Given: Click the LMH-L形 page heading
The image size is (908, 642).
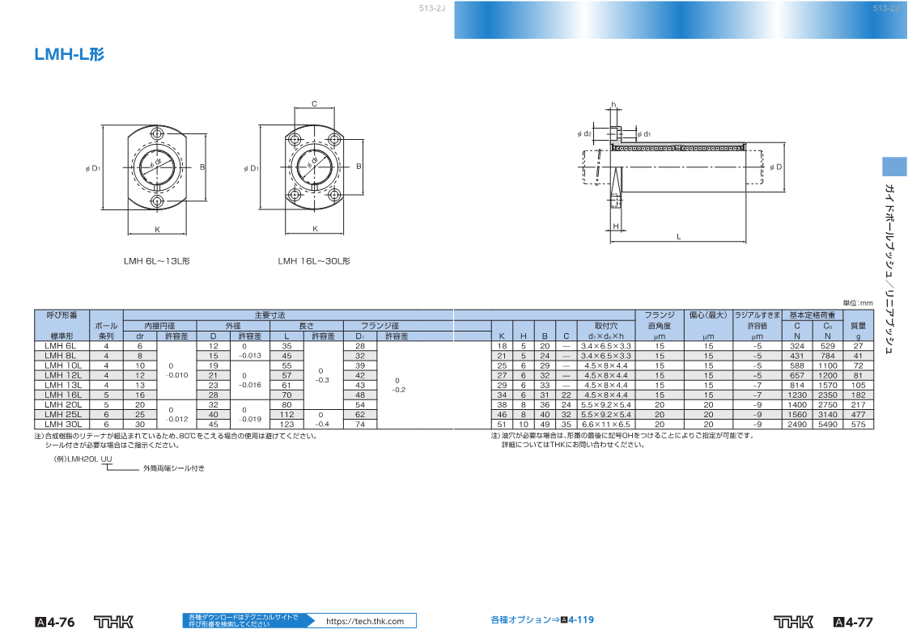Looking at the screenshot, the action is click(x=70, y=54).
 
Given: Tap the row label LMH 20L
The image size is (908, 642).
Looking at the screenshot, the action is click(x=63, y=405).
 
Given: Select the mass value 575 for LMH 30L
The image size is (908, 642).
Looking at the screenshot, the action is click(x=858, y=424).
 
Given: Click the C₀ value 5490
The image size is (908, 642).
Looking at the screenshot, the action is click(x=828, y=424).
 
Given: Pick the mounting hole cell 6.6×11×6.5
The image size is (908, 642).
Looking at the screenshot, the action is click(x=605, y=424).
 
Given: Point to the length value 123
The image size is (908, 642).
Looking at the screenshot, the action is click(x=286, y=424).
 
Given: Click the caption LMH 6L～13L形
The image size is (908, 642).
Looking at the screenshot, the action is click(x=156, y=261).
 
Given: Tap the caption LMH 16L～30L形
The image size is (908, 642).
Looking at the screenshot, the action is click(x=314, y=261).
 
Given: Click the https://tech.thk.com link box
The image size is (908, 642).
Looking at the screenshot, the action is click(x=365, y=621).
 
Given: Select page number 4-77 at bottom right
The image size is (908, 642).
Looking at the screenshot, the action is click(x=853, y=623).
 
